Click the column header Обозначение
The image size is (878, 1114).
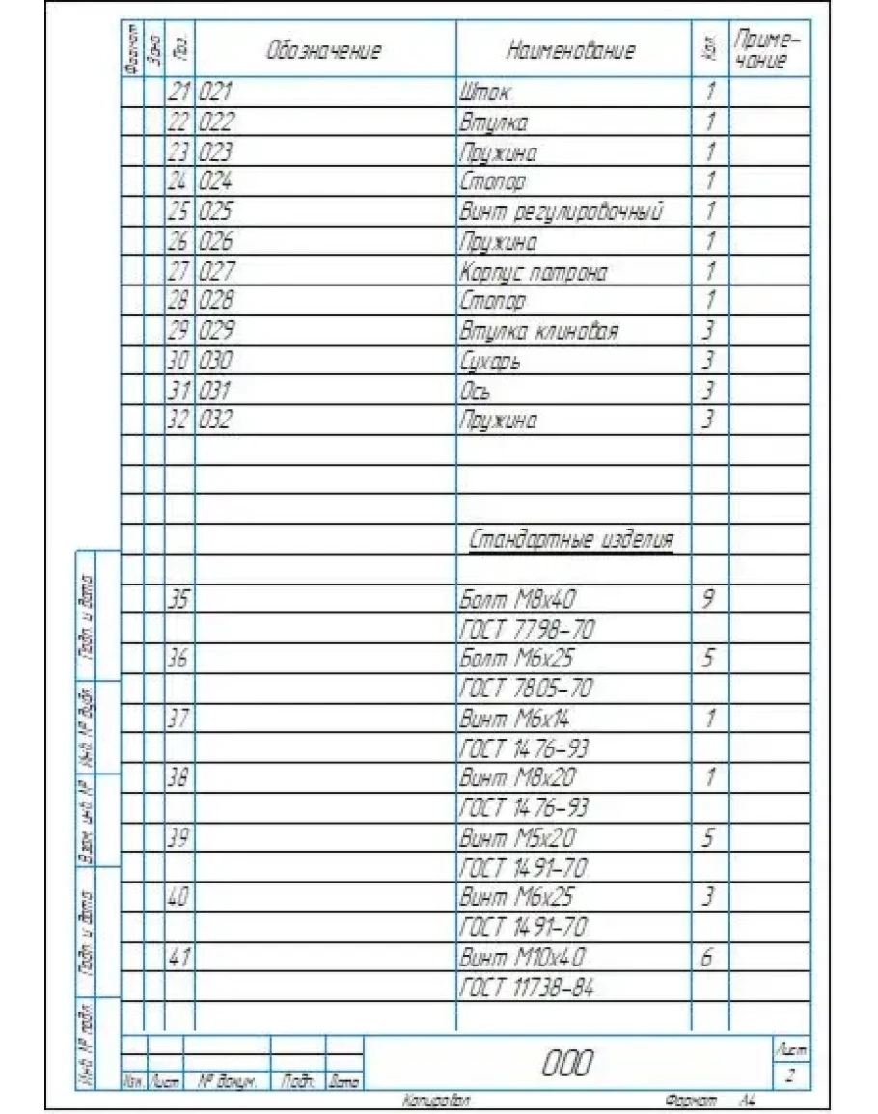(324, 51)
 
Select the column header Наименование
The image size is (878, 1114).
(570, 51)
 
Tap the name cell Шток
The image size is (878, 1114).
(484, 93)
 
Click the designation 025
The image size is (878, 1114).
(216, 212)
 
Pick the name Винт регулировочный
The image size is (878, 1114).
(562, 212)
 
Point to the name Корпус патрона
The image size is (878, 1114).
(534, 272)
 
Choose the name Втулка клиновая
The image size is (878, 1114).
(538, 332)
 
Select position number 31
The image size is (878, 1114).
(178, 392)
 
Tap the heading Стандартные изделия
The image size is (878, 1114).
(571, 540)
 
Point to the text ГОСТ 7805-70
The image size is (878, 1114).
(526, 689)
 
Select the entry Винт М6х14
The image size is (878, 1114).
(515, 719)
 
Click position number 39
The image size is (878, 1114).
(178, 837)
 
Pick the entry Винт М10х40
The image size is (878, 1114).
(522, 957)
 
